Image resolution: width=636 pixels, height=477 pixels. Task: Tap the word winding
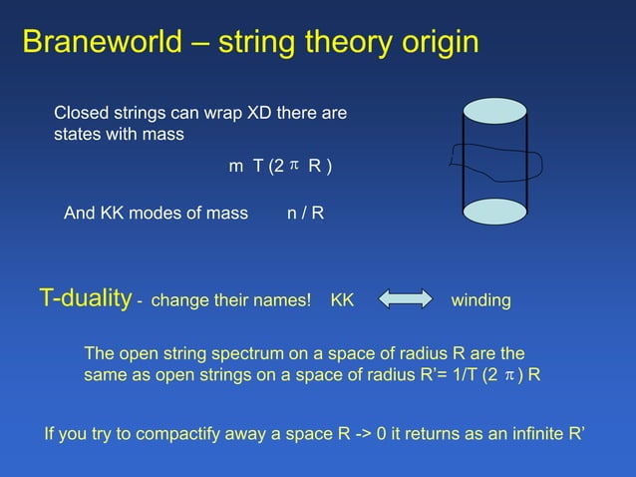click(481, 299)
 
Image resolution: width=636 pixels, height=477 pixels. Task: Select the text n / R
click(305, 213)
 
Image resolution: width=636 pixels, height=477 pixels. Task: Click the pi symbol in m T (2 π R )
click(294, 165)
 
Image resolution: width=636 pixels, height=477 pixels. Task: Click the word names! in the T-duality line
click(283, 299)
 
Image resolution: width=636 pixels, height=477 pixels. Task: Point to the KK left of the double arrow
click(342, 299)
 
